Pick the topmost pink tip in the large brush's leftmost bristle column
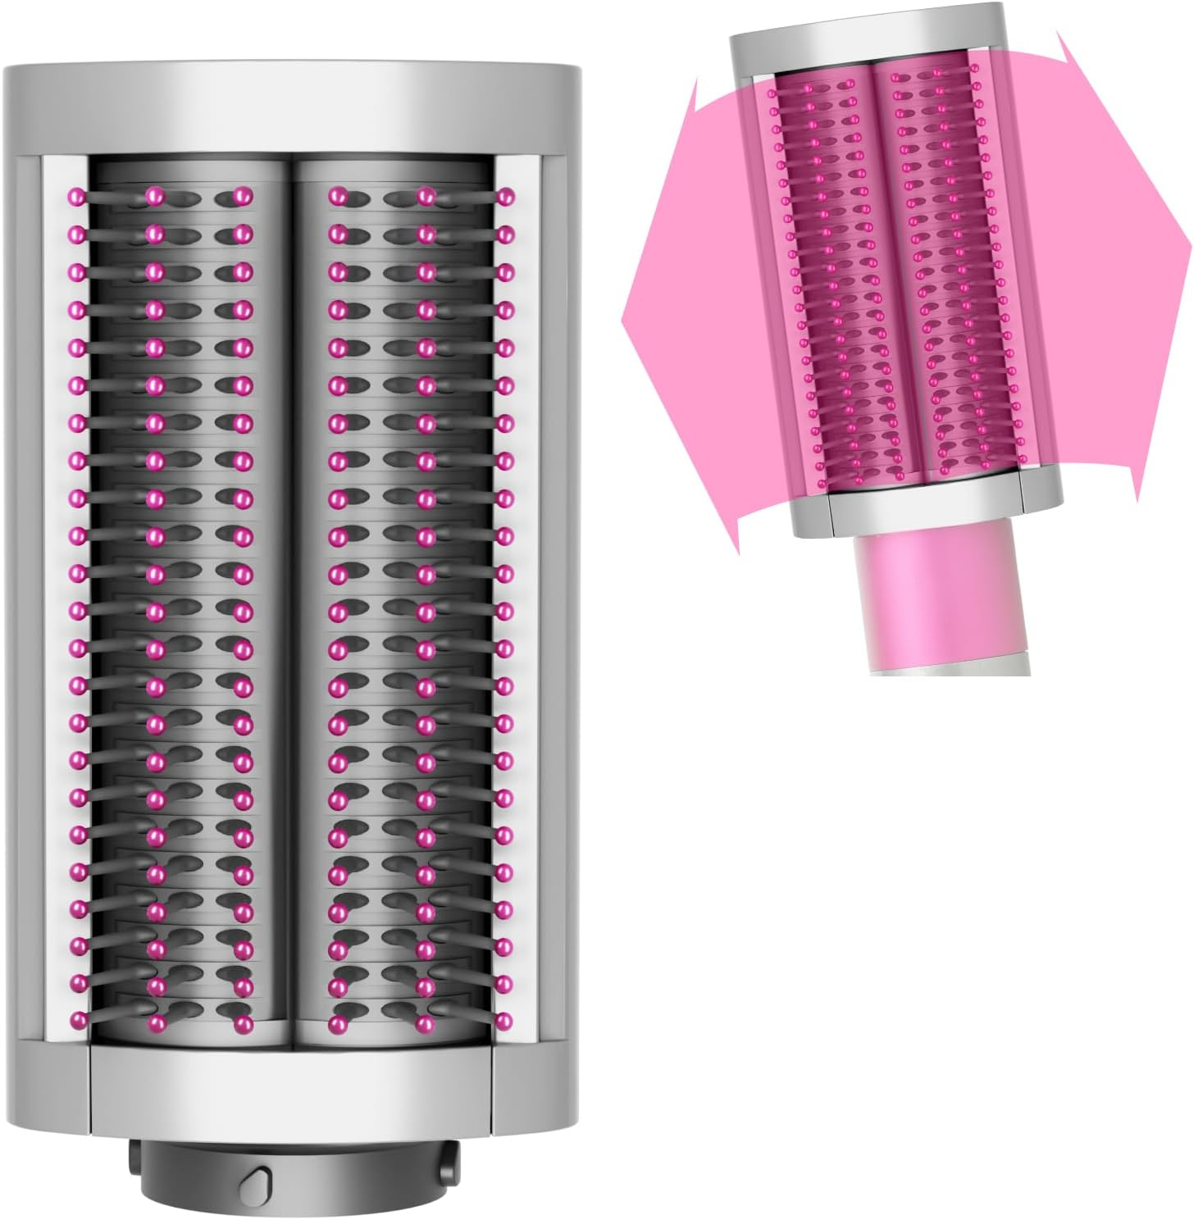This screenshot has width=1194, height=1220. point(78,196)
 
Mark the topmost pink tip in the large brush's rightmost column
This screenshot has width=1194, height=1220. point(505,196)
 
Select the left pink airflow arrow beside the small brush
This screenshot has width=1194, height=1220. point(681,312)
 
